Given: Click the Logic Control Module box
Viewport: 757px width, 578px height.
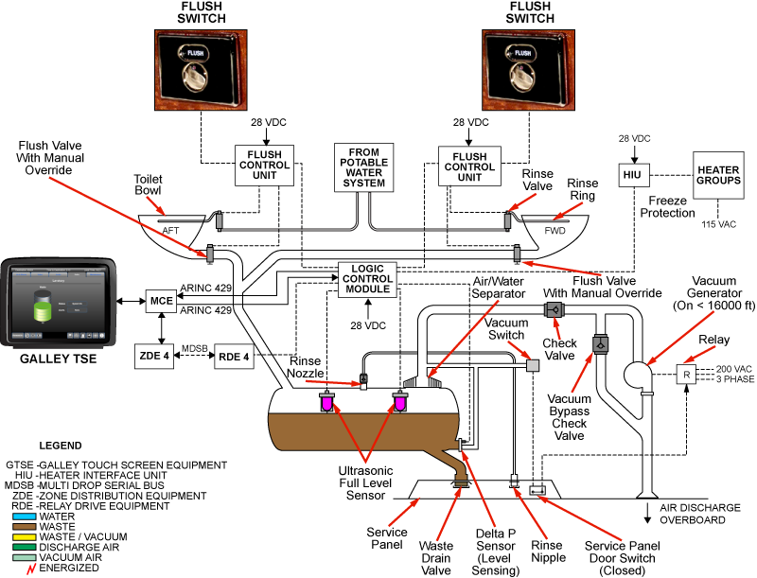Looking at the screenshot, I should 369,280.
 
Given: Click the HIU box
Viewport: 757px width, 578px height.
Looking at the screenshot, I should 631,174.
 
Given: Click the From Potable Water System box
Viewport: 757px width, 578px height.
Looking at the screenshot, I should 364,167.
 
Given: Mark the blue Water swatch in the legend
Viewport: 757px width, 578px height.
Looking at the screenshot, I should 26,517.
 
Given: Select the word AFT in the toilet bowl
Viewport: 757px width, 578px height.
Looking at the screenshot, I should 171,231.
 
